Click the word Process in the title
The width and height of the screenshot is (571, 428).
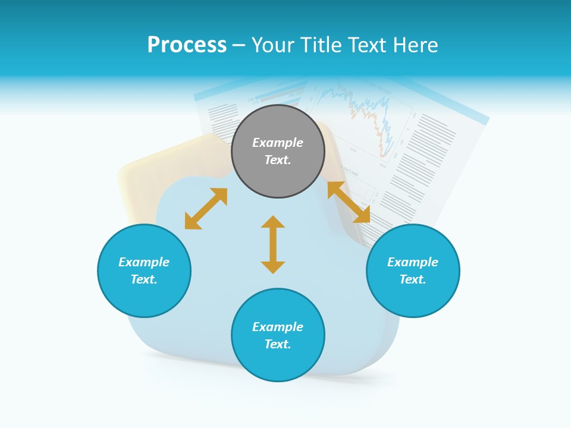(x=187, y=45)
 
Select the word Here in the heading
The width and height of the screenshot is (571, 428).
(x=416, y=45)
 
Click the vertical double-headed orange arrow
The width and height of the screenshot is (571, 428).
(x=273, y=244)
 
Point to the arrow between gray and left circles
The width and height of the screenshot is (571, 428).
(x=206, y=209)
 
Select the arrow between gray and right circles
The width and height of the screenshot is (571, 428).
(x=349, y=202)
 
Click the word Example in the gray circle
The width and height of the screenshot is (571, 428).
(x=278, y=143)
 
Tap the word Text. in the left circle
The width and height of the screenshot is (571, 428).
(x=144, y=279)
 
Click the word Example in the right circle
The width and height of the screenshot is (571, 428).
(x=413, y=262)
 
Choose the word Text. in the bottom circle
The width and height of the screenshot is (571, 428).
(x=278, y=344)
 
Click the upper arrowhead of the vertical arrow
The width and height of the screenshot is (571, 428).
(x=273, y=222)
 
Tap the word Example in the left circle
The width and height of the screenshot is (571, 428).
(x=144, y=262)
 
